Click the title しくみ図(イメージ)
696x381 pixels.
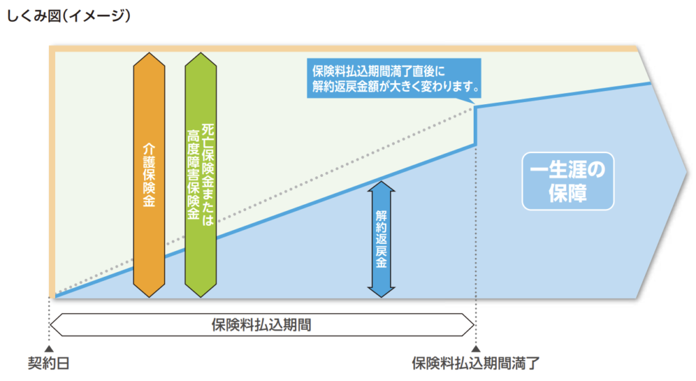tap(67, 14)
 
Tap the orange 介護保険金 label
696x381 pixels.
tap(150, 175)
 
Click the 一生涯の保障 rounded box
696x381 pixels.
tap(568, 180)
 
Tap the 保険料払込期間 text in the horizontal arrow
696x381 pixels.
tap(262, 324)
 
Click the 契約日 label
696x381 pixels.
tap(49, 363)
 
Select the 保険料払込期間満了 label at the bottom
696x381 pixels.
tap(475, 363)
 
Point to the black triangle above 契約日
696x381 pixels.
tap(49, 348)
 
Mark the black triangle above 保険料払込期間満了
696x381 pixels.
tap(475, 348)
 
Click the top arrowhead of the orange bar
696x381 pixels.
tap(150, 54)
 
